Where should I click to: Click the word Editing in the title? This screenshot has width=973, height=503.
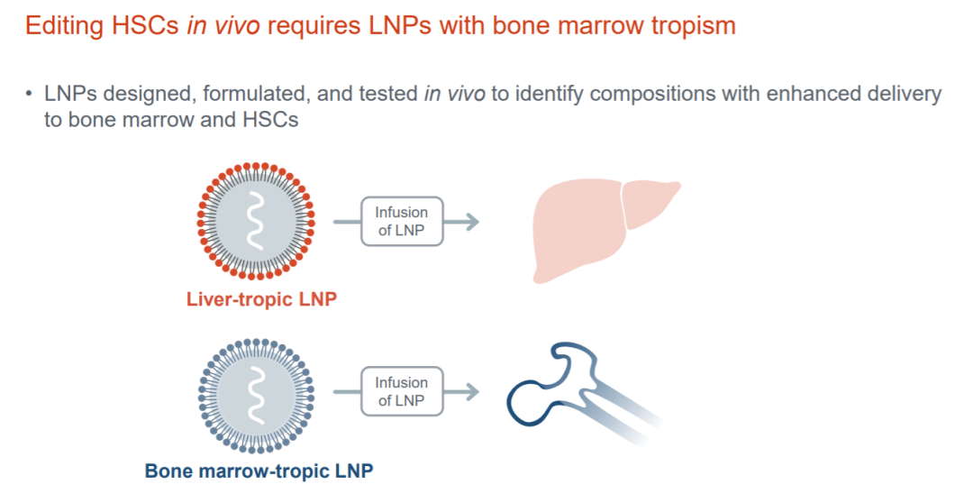pyautogui.click(x=65, y=26)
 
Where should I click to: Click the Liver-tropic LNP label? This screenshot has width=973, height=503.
pyautogui.click(x=261, y=298)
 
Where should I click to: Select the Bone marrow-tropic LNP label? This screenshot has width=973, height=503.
pyautogui.click(x=259, y=471)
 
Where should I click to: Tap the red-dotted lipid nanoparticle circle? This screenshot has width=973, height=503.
pyautogui.click(x=256, y=221)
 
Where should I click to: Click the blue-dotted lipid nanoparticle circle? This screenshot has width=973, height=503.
pyautogui.click(x=256, y=395)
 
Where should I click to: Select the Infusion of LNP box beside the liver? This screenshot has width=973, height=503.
pyautogui.click(x=402, y=222)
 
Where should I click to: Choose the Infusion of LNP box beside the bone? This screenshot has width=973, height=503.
pyautogui.click(x=402, y=391)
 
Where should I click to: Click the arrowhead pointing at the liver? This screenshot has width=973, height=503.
pyautogui.click(x=472, y=222)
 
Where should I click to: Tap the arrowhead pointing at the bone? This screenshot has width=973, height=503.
pyautogui.click(x=472, y=392)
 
